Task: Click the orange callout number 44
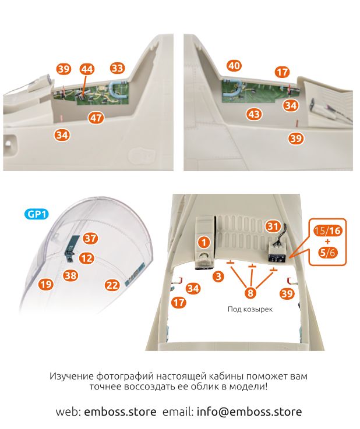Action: coord(87,69)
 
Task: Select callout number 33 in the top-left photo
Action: coord(118,68)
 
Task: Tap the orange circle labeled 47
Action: coord(96,118)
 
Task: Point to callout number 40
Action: coord(234,66)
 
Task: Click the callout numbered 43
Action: coord(253,114)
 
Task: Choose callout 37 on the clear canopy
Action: coord(90,238)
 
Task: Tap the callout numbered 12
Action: coord(86,257)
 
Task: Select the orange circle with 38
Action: coord(70,275)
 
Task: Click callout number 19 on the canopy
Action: coord(46,285)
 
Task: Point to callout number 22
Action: coord(112,285)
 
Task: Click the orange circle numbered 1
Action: coord(203,240)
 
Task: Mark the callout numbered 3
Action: coord(218,276)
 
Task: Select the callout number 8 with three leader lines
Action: coord(250,293)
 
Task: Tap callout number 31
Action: coord(273,225)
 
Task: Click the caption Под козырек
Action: coord(250,310)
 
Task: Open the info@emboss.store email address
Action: coord(249,412)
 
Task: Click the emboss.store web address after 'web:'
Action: coord(120,412)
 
